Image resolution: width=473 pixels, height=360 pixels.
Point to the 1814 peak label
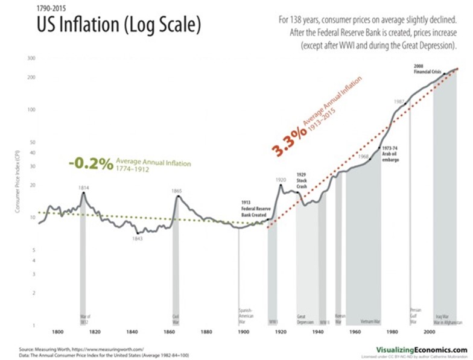[84, 188]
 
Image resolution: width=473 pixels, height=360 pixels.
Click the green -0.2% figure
[90, 164]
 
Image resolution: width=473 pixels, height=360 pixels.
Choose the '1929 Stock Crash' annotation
[302, 180]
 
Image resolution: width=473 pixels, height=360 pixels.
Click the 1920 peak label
[281, 180]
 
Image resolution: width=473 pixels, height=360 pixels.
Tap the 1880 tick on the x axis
[207, 332]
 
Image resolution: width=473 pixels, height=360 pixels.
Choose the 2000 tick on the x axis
[430, 332]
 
